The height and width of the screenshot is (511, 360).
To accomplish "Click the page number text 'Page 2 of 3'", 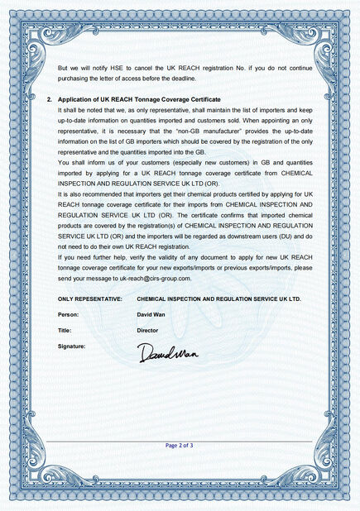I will [180, 446].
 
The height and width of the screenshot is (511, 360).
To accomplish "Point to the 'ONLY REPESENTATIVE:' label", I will [90, 298].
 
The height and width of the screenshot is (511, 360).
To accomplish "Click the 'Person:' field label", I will [70, 315].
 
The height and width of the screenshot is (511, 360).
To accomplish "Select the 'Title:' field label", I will [66, 329].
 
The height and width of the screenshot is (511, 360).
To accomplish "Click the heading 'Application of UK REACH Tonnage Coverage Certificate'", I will [139, 98].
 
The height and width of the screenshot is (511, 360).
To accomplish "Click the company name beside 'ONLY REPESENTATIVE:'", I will [218, 298].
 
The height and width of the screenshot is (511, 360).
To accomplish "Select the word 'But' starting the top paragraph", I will [63, 68].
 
